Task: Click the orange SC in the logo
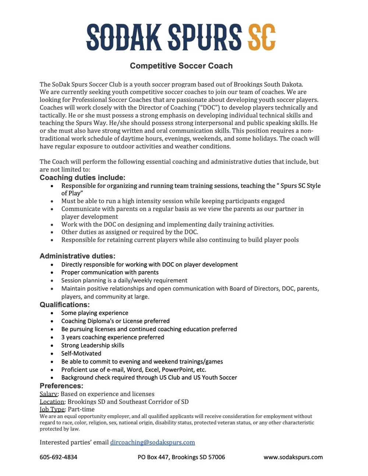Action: [262, 38]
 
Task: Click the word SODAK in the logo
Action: [124, 38]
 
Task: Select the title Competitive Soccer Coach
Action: [181, 66]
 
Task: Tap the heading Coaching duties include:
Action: [82, 178]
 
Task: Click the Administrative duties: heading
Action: [77, 256]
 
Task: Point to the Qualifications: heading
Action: [65, 305]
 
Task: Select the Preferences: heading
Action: [61, 386]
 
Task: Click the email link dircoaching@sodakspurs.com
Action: [152, 442]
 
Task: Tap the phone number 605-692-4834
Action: [59, 457]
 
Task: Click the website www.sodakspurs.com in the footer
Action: [293, 457]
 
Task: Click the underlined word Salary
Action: [49, 394]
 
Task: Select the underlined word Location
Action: [52, 402]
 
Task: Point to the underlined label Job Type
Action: [52, 409]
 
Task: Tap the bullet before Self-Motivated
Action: [52, 354]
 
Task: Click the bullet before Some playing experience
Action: [52, 313]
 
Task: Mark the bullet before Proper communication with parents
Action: [52, 273]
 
